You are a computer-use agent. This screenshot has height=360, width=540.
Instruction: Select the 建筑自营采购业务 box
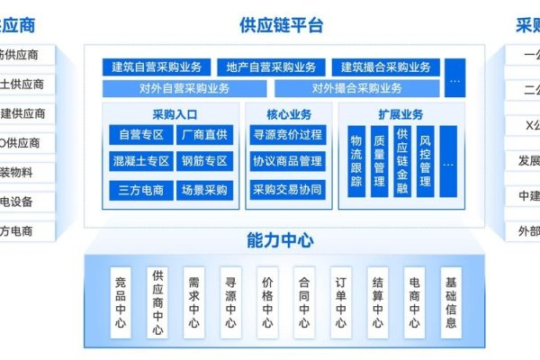tap(157, 67)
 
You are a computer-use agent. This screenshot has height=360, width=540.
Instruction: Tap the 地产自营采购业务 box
tap(271, 67)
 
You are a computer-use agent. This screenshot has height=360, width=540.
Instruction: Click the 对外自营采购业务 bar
tap(184, 88)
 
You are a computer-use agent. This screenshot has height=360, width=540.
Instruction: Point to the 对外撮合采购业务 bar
tap(357, 88)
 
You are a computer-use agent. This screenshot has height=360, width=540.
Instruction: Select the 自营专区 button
tap(139, 135)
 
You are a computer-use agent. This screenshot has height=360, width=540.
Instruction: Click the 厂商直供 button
tap(203, 135)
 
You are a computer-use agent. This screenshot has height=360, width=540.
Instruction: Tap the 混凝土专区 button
tap(139, 162)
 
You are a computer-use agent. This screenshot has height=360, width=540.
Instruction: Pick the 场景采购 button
tap(203, 190)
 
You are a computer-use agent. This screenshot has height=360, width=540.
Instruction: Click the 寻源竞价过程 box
tap(287, 135)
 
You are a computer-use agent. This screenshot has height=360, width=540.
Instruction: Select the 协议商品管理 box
tap(287, 162)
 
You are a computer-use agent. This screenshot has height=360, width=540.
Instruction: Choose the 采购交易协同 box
tap(287, 190)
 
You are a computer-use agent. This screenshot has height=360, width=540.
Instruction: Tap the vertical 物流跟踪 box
tap(356, 161)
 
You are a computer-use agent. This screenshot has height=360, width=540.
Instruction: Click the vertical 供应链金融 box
tap(402, 161)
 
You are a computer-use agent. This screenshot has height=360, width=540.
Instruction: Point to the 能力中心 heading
tap(280, 240)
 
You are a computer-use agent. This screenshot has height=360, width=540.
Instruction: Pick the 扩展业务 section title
tap(400, 114)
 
